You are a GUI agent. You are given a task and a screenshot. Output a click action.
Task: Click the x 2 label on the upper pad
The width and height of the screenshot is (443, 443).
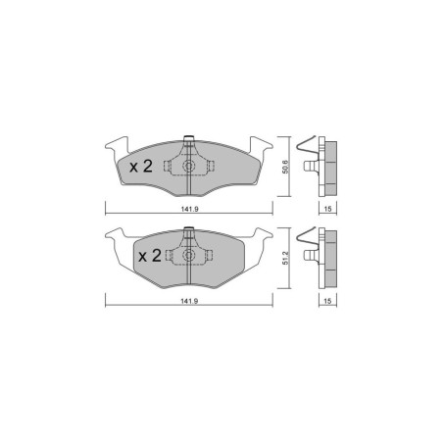point(141,167)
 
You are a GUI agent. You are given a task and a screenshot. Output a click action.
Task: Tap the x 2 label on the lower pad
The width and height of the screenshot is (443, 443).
point(149,257)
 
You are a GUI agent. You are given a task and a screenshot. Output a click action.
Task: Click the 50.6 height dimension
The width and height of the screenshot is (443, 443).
point(283,166)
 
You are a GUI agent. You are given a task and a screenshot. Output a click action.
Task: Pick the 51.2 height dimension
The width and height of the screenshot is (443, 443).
point(283,259)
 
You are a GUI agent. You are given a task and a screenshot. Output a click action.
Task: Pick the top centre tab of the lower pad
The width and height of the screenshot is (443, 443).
point(186,231)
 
